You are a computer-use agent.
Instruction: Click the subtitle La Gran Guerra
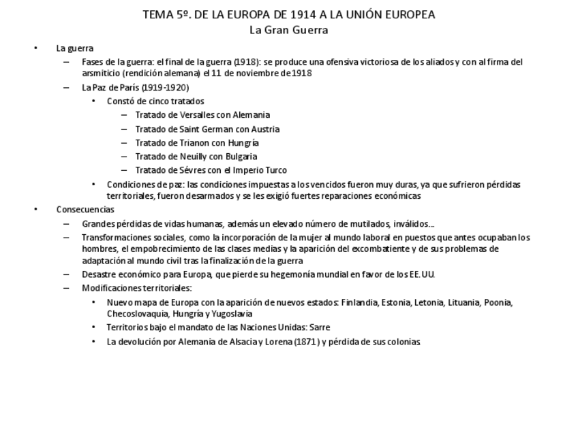coord(289,30)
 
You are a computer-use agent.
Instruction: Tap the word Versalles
coord(194,115)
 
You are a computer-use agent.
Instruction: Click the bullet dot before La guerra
coord(35,48)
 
